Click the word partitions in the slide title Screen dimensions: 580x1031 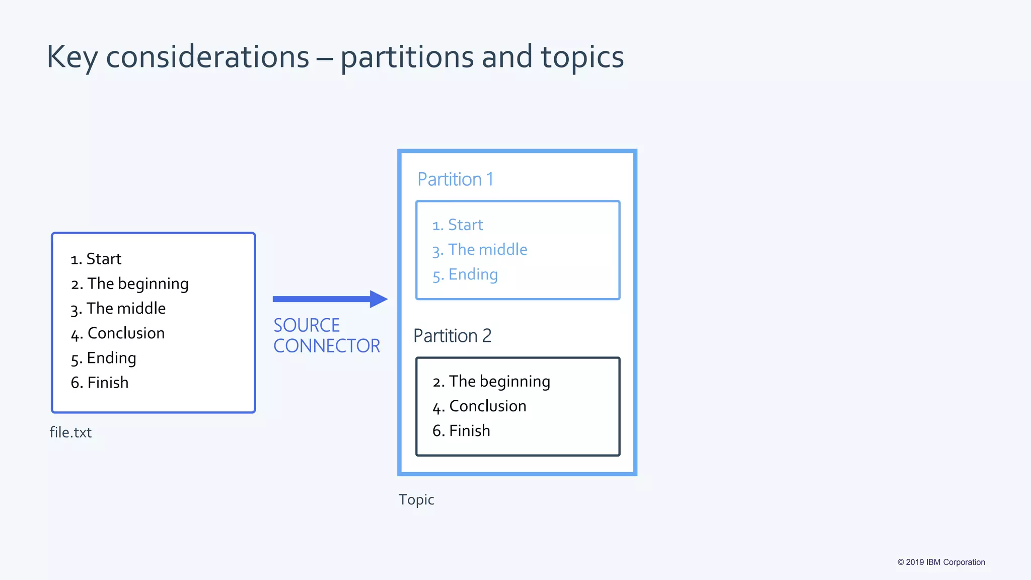[x=407, y=57]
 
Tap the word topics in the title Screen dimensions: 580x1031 [x=582, y=57]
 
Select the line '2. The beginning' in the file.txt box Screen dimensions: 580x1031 [x=130, y=283]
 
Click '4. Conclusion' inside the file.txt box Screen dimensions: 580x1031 [x=118, y=333]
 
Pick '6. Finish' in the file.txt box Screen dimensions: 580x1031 [x=100, y=383]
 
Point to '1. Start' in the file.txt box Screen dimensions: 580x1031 [x=96, y=259]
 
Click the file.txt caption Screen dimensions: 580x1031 [x=70, y=432]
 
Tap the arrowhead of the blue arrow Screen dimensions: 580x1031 [x=378, y=299]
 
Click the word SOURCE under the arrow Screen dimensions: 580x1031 [x=307, y=325]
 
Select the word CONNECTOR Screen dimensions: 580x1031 [x=327, y=346]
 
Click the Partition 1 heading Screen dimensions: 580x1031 [x=455, y=179]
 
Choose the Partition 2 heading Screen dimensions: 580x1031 [x=452, y=336]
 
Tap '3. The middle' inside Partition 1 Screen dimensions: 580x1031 [x=480, y=250]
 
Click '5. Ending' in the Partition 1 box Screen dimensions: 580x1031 [x=465, y=274]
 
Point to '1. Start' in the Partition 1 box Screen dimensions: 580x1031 [x=458, y=225]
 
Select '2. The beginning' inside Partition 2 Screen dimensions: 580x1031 [x=491, y=381]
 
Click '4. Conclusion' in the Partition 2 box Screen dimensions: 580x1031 [x=479, y=406]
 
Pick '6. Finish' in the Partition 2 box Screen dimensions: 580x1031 [x=461, y=431]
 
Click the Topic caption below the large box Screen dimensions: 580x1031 [x=416, y=499]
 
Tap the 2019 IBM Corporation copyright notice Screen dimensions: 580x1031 [x=941, y=562]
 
